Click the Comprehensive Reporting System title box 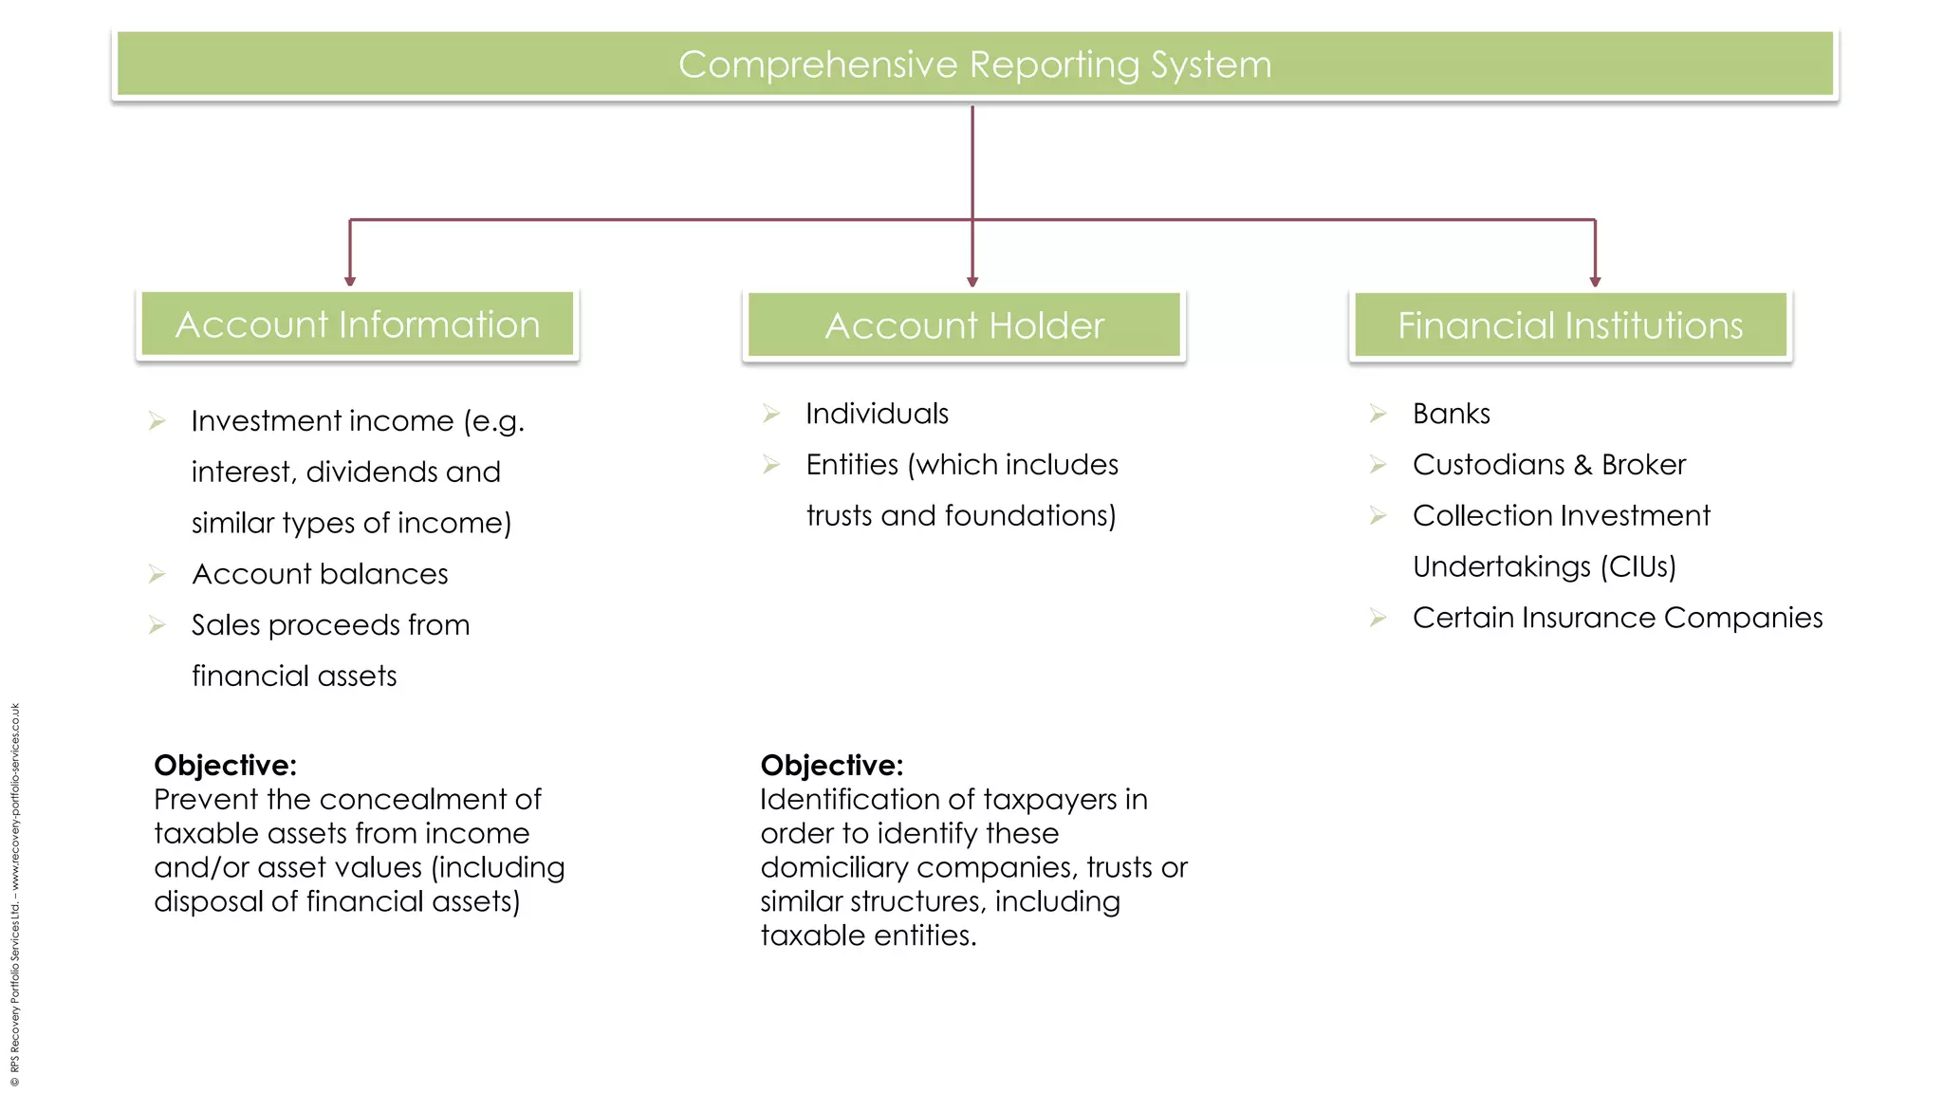point(974,65)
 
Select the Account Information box point(358,324)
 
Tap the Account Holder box point(964,325)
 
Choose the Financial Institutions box point(1570,325)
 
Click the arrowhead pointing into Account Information point(350,280)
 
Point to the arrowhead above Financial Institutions point(1595,280)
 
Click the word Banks point(1451,414)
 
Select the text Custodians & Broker point(1548,465)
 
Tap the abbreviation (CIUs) point(1638,566)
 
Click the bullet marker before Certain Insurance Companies point(1379,619)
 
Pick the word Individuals point(877,414)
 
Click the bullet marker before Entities point(771,465)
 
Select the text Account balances point(320,574)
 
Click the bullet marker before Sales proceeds point(157,625)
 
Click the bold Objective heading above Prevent point(226,765)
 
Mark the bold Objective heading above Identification point(832,765)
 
